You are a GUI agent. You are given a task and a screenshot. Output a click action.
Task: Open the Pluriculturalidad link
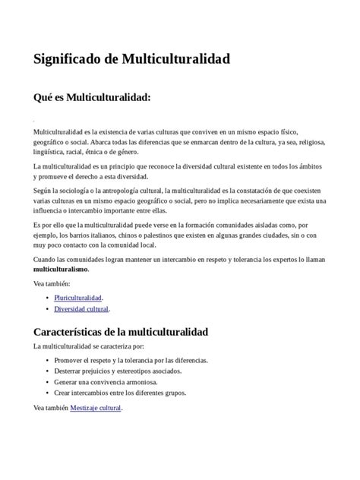click(78, 297)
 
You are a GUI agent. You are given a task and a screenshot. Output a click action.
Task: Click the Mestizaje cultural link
click(95, 408)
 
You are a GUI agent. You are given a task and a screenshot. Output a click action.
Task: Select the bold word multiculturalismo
click(61, 270)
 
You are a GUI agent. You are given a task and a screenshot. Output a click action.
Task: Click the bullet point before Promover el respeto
click(49, 359)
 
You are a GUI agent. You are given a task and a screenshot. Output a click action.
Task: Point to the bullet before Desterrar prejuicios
click(49, 371)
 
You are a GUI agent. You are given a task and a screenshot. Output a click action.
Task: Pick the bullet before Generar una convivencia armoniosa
click(49, 382)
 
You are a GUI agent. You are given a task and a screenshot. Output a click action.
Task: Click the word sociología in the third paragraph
click(79, 189)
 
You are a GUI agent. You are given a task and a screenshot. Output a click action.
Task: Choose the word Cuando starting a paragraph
click(46, 259)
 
